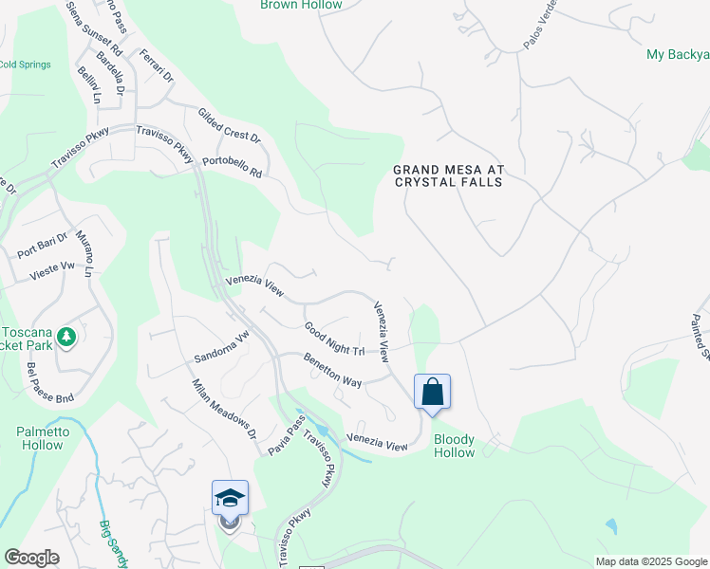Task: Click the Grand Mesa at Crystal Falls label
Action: (x=450, y=175)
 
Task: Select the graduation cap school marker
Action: (x=230, y=499)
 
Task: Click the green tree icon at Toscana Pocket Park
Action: (x=65, y=336)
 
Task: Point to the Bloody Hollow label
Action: (x=454, y=446)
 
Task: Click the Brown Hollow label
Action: (x=301, y=5)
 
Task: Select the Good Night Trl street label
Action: (x=335, y=340)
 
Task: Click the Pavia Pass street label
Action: (x=283, y=438)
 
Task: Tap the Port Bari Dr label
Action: (x=43, y=246)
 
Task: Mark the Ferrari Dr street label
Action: (x=156, y=67)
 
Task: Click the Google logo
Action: (x=31, y=558)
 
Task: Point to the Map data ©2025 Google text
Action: (x=650, y=561)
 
